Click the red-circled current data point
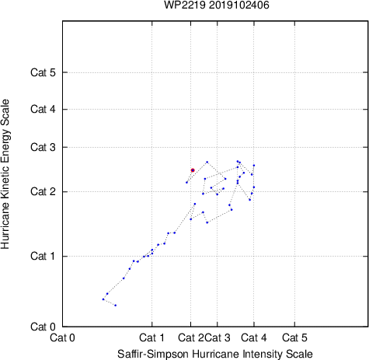(x=193, y=170)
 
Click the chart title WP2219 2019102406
(x=217, y=5)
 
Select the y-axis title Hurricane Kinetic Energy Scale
(x=5, y=174)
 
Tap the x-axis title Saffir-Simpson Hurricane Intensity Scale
(x=215, y=354)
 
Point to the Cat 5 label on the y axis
(x=43, y=72)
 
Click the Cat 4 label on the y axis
(x=43, y=109)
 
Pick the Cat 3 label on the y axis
(x=43, y=147)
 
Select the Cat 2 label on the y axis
(x=43, y=192)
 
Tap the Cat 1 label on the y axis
(x=43, y=256)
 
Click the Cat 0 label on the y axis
(x=43, y=327)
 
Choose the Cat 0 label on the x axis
(x=62, y=337)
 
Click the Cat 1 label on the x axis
(x=151, y=337)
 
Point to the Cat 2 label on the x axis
(x=191, y=337)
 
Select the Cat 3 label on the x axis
(x=218, y=337)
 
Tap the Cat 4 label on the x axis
(x=254, y=337)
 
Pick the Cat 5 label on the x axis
(x=294, y=337)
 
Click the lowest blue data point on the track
(x=116, y=306)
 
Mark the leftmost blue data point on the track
(x=103, y=299)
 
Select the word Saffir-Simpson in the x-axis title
(x=153, y=354)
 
